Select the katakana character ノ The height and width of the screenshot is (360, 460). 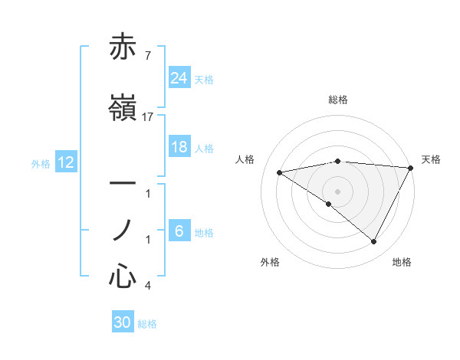[123, 230]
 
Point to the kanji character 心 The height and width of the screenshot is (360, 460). [123, 276]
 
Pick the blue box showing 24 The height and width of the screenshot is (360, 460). [179, 77]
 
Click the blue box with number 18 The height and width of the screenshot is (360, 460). [179, 148]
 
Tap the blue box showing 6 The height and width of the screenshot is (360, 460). [179, 232]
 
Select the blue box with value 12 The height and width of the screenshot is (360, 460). [66, 162]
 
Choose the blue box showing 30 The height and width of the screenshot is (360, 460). [123, 322]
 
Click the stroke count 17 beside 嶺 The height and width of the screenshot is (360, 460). [148, 117]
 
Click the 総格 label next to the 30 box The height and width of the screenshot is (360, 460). [148, 324]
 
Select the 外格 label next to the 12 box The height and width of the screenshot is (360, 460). [41, 163]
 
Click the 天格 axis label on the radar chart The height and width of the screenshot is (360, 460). [432, 159]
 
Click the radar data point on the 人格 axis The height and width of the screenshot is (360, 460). [280, 172]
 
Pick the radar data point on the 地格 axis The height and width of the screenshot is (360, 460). [374, 242]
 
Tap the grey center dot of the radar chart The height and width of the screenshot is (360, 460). [337, 191]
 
